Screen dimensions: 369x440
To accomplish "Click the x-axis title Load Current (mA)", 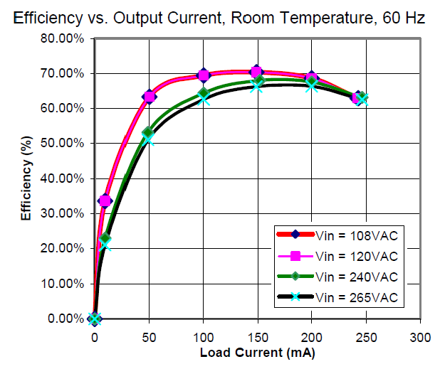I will (x=257, y=353).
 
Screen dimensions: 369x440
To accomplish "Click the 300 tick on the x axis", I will (x=421, y=335).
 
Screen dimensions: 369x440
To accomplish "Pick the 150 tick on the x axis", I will (x=257, y=335).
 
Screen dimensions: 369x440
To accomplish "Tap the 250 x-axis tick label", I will (x=366, y=335).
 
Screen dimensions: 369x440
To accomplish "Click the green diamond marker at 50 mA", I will (x=148, y=133).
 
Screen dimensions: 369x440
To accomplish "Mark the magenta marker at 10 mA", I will (x=105, y=201).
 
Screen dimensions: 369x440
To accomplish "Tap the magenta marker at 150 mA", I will (x=257, y=72).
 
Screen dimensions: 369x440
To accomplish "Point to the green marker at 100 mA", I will (x=204, y=93).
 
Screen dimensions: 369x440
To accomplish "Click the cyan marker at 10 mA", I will (x=105, y=244).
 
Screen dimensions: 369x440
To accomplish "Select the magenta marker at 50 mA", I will (x=149, y=97).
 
